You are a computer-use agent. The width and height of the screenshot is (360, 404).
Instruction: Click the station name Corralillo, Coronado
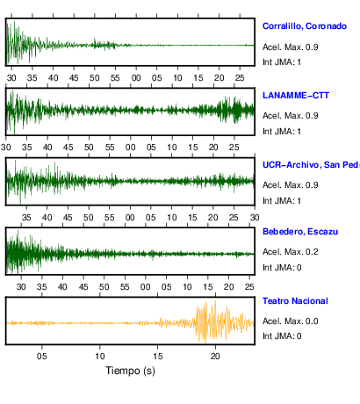click(305, 26)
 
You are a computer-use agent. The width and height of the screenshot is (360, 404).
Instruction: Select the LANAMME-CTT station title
click(296, 96)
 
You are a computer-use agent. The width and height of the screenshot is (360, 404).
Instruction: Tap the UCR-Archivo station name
click(311, 165)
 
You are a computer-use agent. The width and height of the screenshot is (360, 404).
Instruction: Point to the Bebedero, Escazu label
click(300, 232)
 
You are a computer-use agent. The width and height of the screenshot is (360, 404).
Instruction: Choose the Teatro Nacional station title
click(295, 301)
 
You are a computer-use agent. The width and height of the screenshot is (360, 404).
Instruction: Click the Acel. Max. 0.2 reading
click(291, 252)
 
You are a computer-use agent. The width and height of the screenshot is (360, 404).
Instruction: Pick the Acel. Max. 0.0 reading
click(291, 321)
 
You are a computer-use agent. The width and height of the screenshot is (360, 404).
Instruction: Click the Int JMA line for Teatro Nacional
click(282, 335)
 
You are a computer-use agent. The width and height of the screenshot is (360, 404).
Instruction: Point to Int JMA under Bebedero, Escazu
click(282, 268)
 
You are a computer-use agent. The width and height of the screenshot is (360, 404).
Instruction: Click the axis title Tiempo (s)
click(130, 371)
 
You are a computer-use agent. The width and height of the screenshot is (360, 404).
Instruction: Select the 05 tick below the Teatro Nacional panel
click(42, 357)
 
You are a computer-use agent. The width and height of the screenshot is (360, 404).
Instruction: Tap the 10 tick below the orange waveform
click(100, 357)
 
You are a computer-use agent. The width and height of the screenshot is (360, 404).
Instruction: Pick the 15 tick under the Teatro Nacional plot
click(157, 357)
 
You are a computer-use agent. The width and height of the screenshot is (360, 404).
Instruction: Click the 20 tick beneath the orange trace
click(215, 357)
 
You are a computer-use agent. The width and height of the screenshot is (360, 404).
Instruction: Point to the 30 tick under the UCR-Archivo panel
click(255, 218)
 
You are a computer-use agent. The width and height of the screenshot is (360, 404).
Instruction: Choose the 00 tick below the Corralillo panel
click(136, 78)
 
